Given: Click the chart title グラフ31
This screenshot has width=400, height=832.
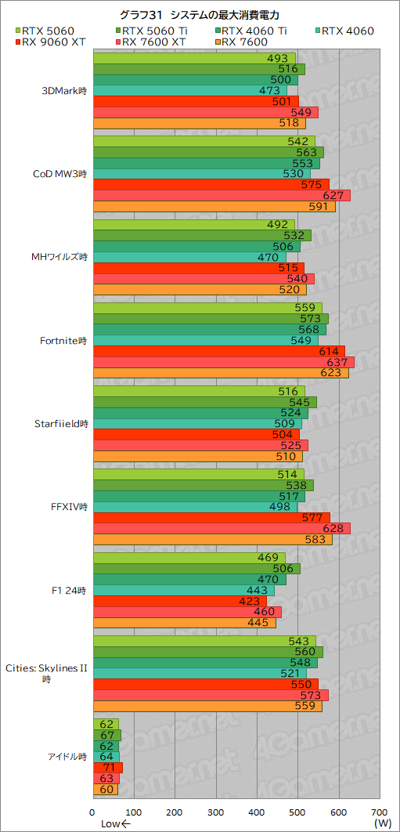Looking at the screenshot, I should [200, 15].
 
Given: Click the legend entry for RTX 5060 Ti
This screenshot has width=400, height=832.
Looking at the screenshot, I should [153, 31].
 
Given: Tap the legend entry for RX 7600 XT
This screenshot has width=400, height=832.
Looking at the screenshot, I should [153, 42].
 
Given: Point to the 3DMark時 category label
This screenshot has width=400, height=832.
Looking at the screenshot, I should [65, 90].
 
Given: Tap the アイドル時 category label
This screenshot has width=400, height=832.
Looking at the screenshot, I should [66, 756].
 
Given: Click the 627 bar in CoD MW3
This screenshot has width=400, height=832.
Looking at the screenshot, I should [222, 196].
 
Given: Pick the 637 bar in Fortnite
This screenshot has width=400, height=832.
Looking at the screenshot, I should [223, 362].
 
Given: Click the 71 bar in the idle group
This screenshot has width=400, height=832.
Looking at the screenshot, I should [107, 768].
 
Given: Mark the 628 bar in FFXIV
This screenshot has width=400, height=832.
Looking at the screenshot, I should [222, 528].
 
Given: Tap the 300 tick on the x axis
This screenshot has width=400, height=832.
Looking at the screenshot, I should [216, 812].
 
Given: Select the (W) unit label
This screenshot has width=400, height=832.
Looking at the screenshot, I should [382, 823].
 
